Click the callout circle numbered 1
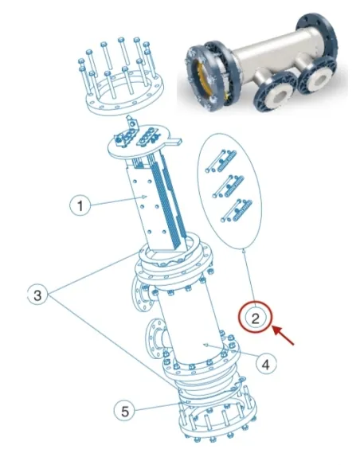[80, 205]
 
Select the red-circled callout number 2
[256, 318]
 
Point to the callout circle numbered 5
[123, 411]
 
